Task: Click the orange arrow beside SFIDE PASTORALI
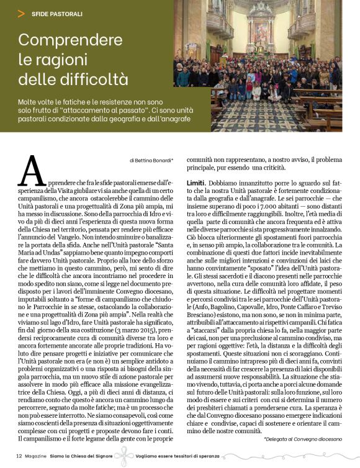(x=21, y=12)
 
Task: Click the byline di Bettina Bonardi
(x=151, y=160)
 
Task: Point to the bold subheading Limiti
(x=197, y=183)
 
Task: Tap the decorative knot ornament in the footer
(x=129, y=457)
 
